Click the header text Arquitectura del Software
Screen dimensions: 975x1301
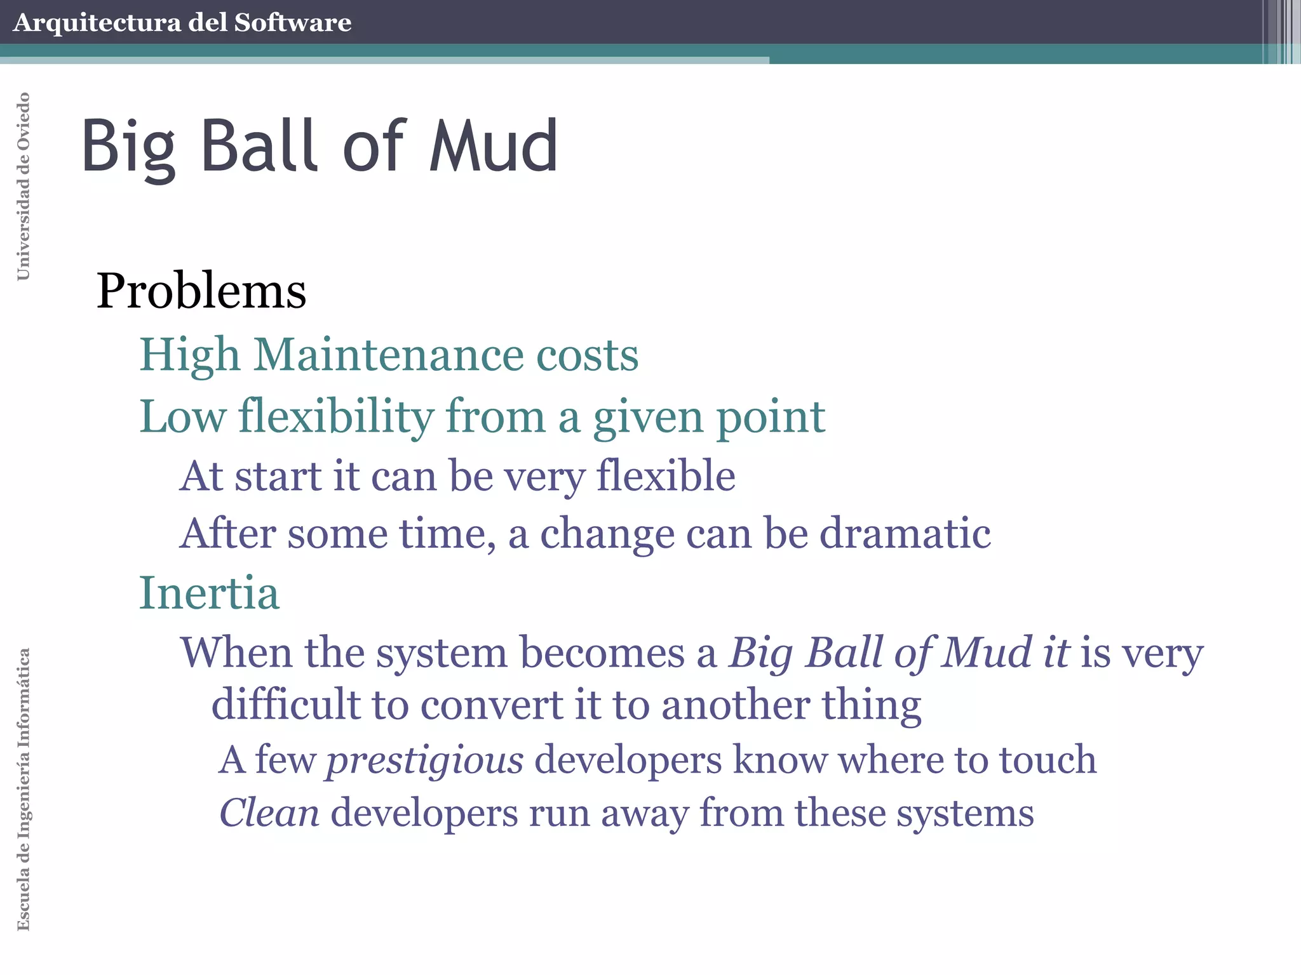pyautogui.click(x=182, y=23)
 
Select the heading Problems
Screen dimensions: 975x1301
pyautogui.click(x=201, y=291)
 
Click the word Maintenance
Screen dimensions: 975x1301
pyautogui.click(x=389, y=354)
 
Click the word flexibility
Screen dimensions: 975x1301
pyautogui.click(x=336, y=417)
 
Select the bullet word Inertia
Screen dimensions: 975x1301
pyautogui.click(x=209, y=593)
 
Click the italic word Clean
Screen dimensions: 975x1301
pyautogui.click(x=269, y=813)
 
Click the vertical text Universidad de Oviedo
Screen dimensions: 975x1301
pyautogui.click(x=24, y=186)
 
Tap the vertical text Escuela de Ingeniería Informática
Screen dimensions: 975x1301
pyautogui.click(x=24, y=789)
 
